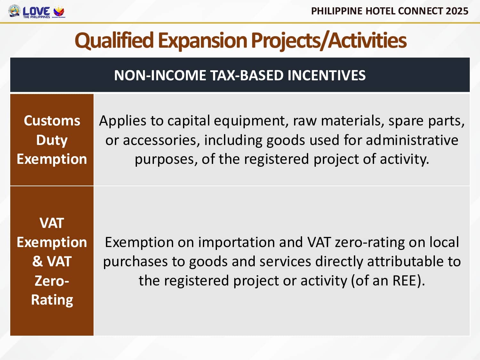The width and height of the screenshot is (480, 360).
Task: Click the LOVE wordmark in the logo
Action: [x=36, y=11]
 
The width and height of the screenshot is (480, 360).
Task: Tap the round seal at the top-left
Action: [x=14, y=11]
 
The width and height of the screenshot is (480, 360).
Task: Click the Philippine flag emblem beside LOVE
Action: [x=59, y=11]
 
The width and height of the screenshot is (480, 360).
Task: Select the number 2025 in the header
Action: [x=457, y=11]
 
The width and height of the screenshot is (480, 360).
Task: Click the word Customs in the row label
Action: [x=52, y=121]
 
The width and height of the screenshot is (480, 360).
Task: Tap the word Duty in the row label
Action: [x=52, y=140]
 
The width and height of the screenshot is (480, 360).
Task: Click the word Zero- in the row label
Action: [x=52, y=281]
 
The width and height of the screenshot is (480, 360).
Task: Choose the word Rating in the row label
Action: [x=52, y=300]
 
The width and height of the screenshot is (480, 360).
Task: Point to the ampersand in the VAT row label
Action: [x=37, y=261]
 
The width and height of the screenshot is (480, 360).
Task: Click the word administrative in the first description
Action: [x=412, y=140]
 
